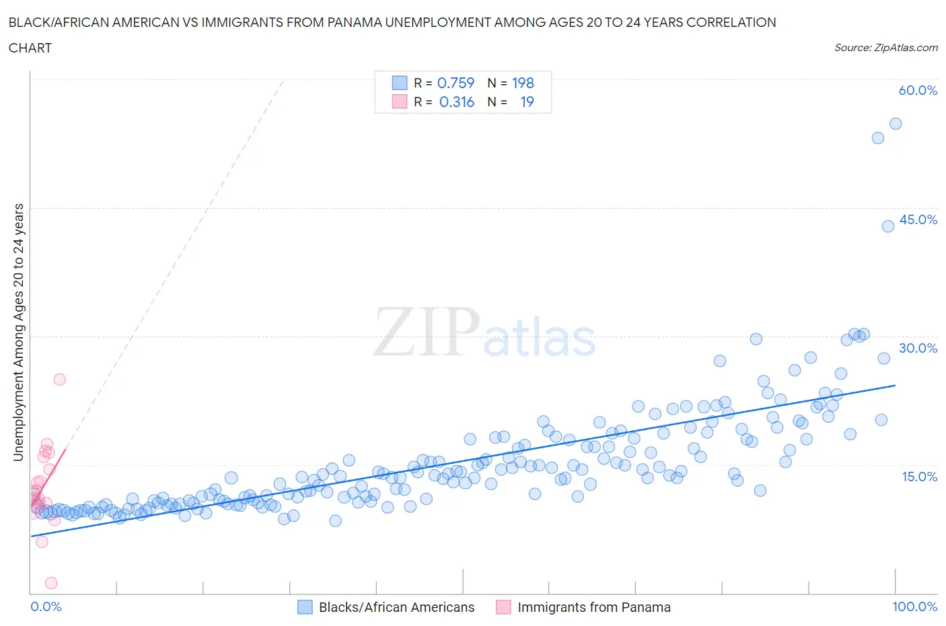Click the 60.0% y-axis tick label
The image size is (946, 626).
click(918, 90)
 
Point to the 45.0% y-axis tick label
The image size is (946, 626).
click(918, 219)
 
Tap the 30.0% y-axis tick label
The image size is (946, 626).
click(918, 348)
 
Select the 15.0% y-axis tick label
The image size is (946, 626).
click(918, 477)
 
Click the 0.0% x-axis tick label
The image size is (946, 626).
click(46, 606)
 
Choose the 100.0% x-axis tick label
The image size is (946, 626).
click(914, 606)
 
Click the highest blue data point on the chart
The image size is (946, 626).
click(896, 124)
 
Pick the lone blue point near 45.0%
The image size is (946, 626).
click(888, 226)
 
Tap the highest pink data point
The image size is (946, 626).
click(59, 379)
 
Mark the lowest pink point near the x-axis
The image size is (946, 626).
click(51, 583)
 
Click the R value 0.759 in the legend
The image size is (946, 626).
click(456, 83)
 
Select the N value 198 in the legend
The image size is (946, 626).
click(523, 83)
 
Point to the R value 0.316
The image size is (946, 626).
click(457, 102)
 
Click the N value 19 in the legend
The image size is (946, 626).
click(527, 102)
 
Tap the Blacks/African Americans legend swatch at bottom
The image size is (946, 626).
click(305, 607)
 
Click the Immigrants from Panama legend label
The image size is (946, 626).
click(594, 607)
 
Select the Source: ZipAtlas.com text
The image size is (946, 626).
click(886, 47)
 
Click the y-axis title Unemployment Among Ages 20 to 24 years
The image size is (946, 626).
click(18, 332)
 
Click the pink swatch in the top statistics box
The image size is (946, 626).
click(400, 102)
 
